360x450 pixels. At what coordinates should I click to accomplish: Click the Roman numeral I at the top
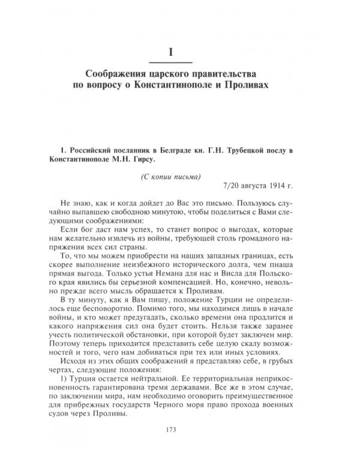point(171,52)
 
